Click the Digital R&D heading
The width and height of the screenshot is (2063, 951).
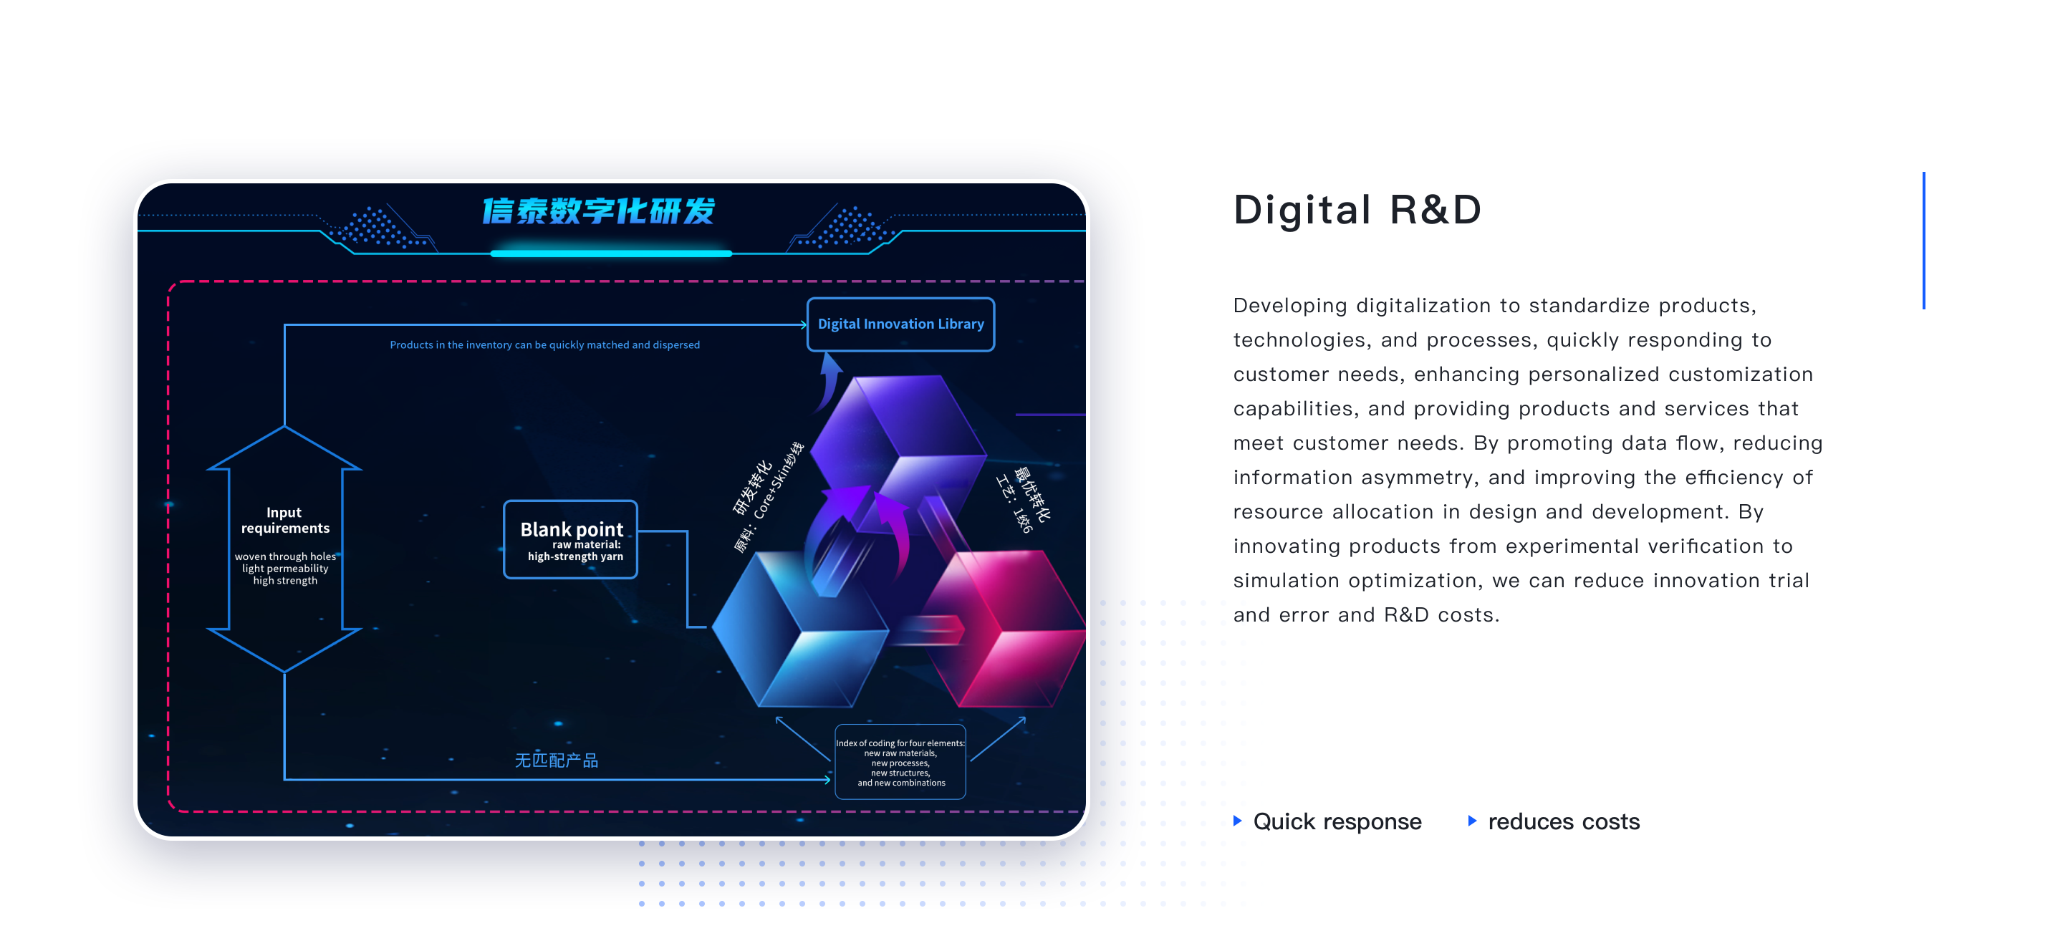point(1357,210)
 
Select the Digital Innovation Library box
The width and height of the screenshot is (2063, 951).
point(901,324)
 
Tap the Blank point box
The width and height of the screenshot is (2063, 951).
point(571,539)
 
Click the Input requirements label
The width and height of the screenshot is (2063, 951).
point(285,521)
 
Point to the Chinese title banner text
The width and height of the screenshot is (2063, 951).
point(598,211)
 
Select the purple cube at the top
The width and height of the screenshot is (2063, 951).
point(901,448)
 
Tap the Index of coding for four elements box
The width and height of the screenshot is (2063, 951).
point(901,762)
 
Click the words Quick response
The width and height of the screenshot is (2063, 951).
point(1337,821)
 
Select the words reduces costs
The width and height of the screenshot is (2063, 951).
point(1564,821)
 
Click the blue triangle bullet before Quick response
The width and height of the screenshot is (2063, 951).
point(1237,821)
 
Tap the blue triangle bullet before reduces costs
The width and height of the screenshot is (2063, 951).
point(1472,821)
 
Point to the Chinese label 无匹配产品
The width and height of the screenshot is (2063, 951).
point(557,761)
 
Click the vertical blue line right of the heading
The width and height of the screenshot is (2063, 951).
point(1923,240)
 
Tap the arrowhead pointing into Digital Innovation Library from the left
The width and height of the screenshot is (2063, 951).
point(802,324)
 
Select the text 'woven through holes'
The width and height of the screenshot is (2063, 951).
point(285,556)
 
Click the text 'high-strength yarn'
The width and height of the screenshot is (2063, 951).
point(575,556)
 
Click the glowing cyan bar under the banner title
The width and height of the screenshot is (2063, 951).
point(611,254)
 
